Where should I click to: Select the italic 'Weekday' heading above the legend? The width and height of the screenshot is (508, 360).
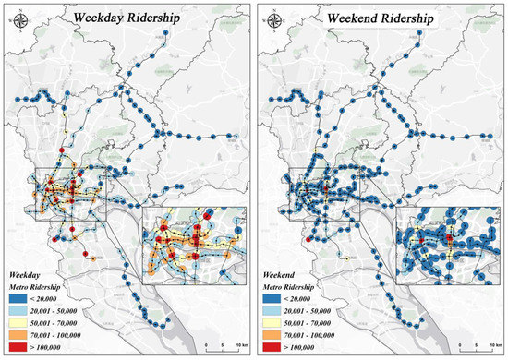(x=25, y=275)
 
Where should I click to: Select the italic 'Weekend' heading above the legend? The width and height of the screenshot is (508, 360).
(x=280, y=275)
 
